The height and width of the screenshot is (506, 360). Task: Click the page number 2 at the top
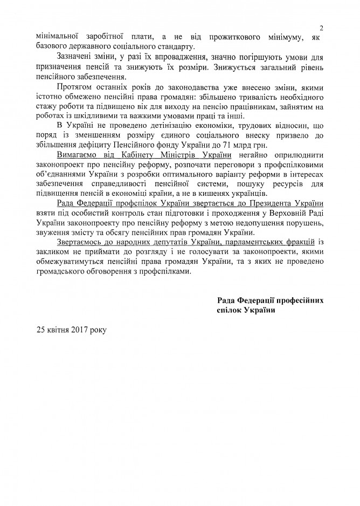[x=321, y=28]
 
